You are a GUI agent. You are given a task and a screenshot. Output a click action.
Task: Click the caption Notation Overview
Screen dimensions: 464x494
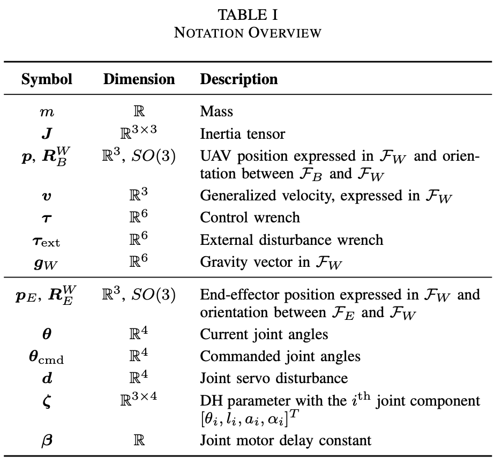point(247,32)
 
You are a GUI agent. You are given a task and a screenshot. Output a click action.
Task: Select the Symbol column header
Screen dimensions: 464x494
point(47,79)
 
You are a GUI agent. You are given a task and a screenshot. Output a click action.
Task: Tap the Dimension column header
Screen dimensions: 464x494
point(139,79)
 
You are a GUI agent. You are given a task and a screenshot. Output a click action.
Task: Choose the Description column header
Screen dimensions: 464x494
point(238,79)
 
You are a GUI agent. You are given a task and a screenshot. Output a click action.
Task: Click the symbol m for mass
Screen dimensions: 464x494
point(47,111)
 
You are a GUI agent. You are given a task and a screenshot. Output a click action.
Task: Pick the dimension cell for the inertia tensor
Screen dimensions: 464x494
point(139,131)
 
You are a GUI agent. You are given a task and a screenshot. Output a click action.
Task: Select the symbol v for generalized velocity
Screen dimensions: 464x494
point(47,196)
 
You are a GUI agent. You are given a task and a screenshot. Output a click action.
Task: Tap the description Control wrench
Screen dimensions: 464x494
point(250,218)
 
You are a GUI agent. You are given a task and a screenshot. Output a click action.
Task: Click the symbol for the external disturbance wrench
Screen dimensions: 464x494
point(47,240)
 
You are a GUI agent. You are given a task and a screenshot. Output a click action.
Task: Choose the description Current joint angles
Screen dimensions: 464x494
point(264,334)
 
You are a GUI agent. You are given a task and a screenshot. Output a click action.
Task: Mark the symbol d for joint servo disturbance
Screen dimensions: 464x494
point(47,378)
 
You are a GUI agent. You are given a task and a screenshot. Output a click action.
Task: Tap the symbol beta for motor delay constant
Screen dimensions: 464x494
point(47,441)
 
